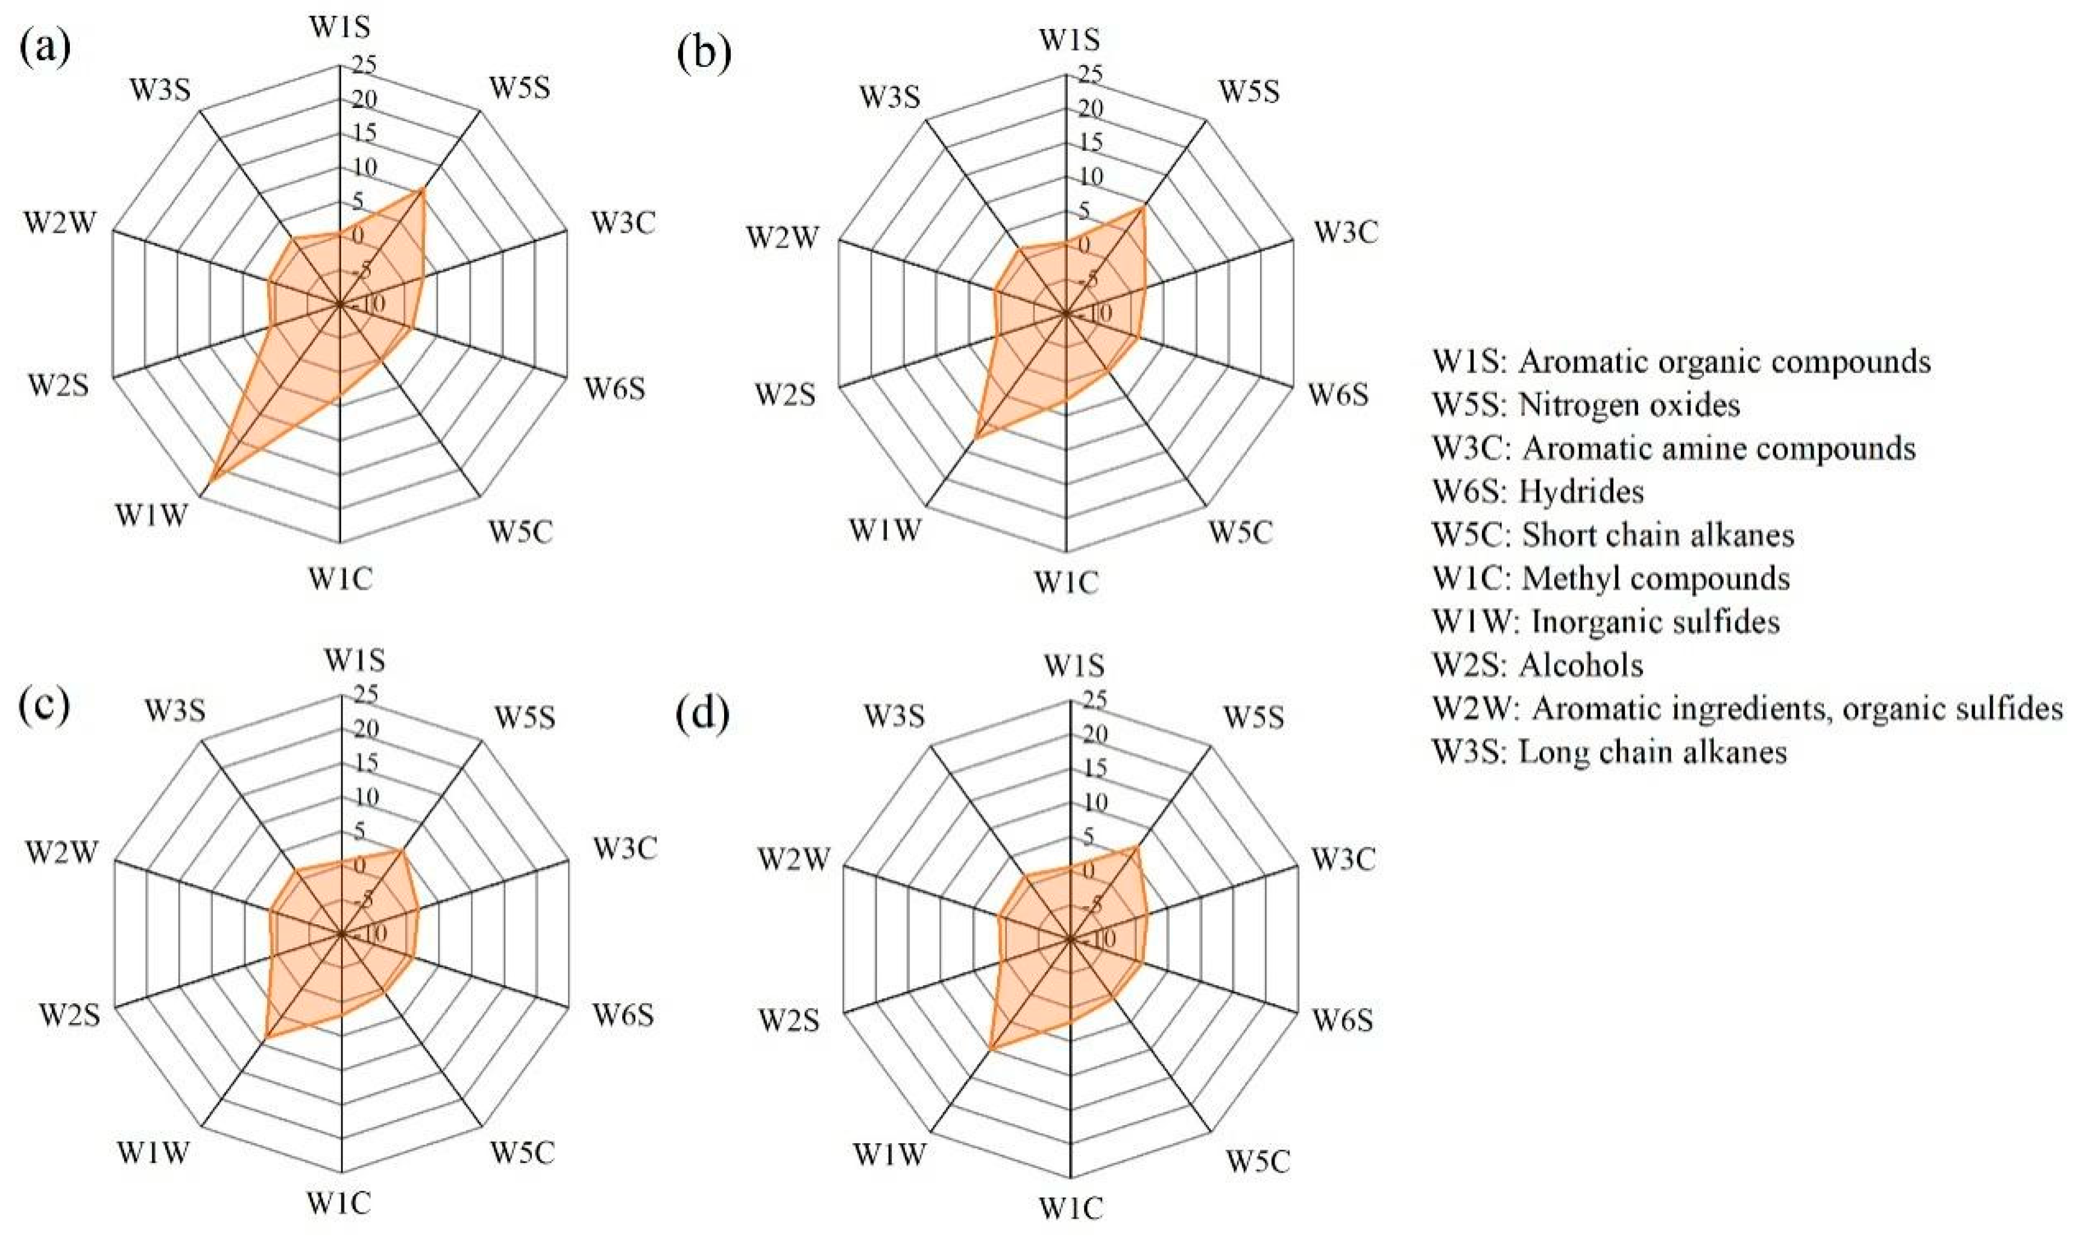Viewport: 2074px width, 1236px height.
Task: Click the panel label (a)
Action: tap(44, 48)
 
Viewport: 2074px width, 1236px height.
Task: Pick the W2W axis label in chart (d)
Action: tap(793, 859)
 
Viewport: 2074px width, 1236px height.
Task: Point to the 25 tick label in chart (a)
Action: tap(364, 64)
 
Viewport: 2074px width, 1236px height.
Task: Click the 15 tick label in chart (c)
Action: tap(364, 762)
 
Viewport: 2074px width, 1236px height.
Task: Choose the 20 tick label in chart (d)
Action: tap(1094, 734)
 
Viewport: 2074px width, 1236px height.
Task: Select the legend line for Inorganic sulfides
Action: tap(1606, 622)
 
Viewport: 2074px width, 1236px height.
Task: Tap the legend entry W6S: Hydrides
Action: tap(1537, 491)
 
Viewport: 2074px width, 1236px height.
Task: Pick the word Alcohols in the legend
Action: tap(1580, 664)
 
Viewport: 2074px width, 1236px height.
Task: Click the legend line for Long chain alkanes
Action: tap(1609, 751)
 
